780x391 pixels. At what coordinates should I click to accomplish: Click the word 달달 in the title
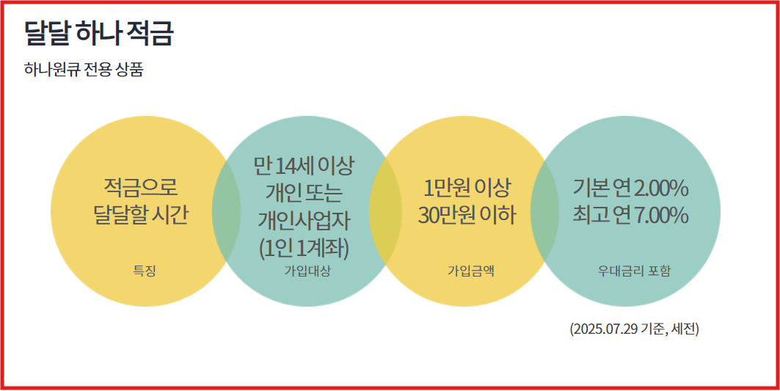[46, 34]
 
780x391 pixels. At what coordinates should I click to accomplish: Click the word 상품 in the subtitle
[129, 70]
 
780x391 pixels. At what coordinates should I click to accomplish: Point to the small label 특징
[144, 271]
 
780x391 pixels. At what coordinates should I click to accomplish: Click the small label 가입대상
[307, 271]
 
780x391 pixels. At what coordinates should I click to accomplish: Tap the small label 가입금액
[471, 271]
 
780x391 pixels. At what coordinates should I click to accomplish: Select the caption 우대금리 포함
[634, 271]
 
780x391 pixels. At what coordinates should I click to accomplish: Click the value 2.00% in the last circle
[660, 189]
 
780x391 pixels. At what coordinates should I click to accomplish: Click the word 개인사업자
[305, 220]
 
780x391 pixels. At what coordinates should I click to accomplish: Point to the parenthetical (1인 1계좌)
[304, 247]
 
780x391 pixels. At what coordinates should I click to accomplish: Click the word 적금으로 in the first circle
[141, 189]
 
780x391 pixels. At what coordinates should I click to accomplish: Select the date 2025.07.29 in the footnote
[605, 329]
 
